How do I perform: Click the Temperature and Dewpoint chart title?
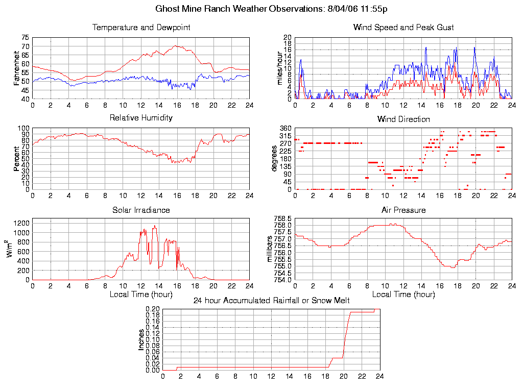click(x=141, y=27)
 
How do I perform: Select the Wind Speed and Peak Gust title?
click(x=403, y=27)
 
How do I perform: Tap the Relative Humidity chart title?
click(x=141, y=118)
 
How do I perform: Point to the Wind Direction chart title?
click(x=403, y=119)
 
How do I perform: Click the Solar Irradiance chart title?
click(x=141, y=210)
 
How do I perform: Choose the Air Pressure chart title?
click(x=403, y=210)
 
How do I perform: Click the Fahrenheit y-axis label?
click(x=17, y=68)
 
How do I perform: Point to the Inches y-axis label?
click(x=141, y=339)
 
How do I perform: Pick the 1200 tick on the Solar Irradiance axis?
click(x=21, y=223)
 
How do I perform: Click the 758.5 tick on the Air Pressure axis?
click(x=283, y=218)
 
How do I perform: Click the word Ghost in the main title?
click(x=168, y=9)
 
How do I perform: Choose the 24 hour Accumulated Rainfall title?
click(x=271, y=300)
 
